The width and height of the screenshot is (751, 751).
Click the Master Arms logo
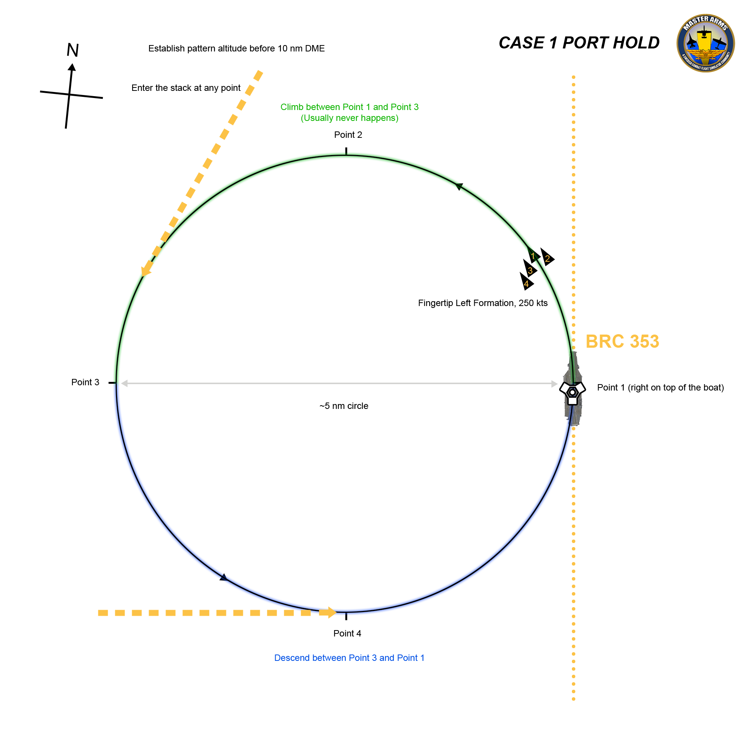(705, 43)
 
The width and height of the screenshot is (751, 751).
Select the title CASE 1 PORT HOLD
(579, 43)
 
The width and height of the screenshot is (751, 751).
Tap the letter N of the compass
(73, 50)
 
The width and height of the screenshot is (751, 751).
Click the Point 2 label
(348, 135)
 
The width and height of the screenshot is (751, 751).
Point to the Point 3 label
(85, 383)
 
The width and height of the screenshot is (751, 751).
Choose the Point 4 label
(347, 633)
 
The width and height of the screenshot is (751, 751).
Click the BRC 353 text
(622, 342)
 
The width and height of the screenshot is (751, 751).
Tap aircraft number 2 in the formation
(547, 258)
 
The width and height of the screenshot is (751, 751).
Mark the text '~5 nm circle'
(344, 406)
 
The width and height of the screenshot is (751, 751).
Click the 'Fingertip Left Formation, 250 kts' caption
(483, 303)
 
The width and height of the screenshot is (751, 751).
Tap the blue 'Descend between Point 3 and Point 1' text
(349, 658)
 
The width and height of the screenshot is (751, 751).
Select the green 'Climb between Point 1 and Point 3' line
(350, 107)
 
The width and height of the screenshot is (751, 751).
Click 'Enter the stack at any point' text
(186, 88)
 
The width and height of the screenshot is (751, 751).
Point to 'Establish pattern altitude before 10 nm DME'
(236, 48)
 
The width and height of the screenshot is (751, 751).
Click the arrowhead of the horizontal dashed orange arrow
(331, 613)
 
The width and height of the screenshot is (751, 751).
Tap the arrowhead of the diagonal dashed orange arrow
(146, 269)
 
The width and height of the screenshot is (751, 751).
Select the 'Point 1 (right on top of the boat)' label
(660, 388)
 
